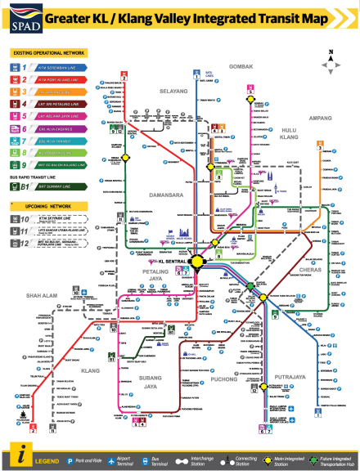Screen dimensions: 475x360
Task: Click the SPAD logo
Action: point(20,17)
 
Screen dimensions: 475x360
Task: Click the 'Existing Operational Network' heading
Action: point(46,52)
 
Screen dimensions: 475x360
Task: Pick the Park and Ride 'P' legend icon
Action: point(70,461)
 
